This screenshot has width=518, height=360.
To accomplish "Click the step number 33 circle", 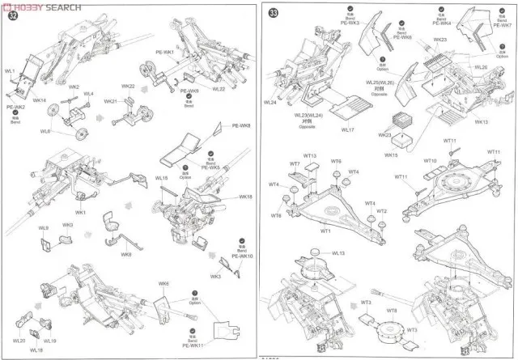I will (274, 14).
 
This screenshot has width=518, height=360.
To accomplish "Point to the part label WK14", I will (40, 100).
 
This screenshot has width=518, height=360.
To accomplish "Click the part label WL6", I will (46, 131).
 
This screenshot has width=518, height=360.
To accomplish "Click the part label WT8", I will (391, 311).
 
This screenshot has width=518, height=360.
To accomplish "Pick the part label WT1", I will (325, 229).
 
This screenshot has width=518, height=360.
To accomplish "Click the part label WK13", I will (482, 121).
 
